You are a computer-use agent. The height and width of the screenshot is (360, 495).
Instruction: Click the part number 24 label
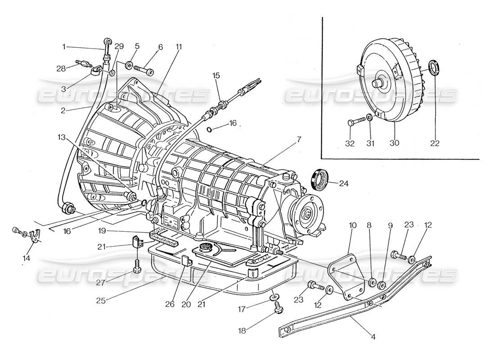344,183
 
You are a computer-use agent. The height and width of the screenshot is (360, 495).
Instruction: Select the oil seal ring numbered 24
320,179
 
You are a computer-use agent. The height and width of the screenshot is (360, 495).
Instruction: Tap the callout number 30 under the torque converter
394,143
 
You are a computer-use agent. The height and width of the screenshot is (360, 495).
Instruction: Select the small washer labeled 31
369,118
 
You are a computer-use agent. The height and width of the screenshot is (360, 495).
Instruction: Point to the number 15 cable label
216,75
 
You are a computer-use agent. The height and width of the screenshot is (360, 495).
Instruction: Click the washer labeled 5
129,66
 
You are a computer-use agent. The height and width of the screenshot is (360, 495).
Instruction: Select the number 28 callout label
61,68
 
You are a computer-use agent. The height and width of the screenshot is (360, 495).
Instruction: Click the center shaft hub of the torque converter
377,83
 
